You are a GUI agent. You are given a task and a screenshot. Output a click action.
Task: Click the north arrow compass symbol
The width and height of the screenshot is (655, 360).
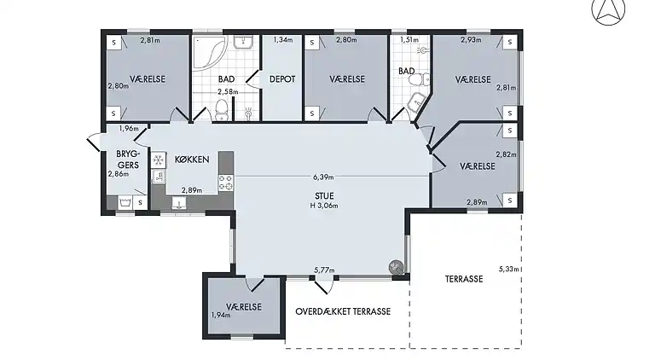point(608,10)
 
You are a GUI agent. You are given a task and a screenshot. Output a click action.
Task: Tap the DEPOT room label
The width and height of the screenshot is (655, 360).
point(282,79)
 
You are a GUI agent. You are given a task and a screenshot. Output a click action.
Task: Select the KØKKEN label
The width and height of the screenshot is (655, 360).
point(192,160)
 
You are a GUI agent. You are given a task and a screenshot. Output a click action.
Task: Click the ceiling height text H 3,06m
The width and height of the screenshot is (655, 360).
point(324,206)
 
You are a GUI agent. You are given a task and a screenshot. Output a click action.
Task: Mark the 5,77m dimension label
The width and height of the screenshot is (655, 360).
point(323,270)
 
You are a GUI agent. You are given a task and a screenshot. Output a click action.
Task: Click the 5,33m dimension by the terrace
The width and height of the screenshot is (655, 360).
point(508,269)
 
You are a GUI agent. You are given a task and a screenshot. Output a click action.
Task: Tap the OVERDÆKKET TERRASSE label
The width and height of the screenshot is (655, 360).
point(343,311)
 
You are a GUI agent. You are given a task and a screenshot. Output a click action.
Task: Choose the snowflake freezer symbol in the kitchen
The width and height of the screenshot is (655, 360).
point(158,160)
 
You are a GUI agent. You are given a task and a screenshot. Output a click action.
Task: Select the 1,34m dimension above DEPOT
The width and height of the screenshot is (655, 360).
point(282,40)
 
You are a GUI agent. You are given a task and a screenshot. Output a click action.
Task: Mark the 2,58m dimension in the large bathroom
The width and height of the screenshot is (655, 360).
point(226,91)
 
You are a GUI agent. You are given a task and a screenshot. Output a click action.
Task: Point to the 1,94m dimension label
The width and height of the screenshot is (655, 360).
point(220,315)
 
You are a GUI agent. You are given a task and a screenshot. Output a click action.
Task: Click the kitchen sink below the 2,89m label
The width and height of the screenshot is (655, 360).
point(179,202)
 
